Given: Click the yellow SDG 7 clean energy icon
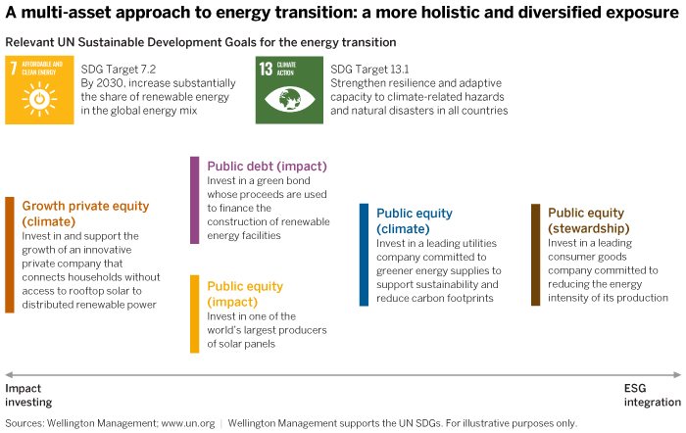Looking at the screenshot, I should [x=39, y=89].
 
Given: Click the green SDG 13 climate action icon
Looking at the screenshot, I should [x=289, y=89].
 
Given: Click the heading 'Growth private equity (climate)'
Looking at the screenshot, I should [x=85, y=214].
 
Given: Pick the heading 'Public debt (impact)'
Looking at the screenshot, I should [x=267, y=166].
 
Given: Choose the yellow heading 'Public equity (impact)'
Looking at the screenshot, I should [x=245, y=293].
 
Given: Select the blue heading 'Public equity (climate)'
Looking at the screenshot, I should [x=415, y=220].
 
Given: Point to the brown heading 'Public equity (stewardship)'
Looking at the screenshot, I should [x=600, y=220].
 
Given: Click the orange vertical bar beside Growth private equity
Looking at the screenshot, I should [x=9, y=255].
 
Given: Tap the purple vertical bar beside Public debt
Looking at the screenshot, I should [x=194, y=200].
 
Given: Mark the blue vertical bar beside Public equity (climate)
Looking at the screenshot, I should [x=364, y=255].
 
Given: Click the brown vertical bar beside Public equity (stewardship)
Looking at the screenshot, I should [x=535, y=255].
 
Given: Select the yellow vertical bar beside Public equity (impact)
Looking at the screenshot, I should [x=194, y=313].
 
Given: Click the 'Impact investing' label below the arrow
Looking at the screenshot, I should [x=29, y=395].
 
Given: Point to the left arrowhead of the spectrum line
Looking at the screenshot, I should [x=9, y=374].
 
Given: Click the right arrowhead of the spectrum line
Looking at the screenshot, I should [x=677, y=374].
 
